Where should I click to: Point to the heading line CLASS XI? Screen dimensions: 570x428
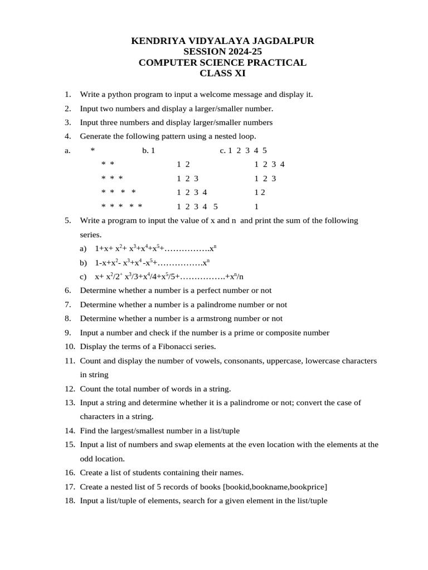[x=222, y=73]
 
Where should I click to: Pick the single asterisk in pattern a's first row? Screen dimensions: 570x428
[x=93, y=150]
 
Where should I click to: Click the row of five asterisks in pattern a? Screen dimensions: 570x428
[x=122, y=207]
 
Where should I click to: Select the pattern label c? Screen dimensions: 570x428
[x=222, y=150]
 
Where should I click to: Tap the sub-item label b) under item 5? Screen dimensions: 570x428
[x=84, y=262]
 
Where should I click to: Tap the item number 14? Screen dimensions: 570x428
[x=69, y=431]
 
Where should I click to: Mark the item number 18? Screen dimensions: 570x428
[x=69, y=500]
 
